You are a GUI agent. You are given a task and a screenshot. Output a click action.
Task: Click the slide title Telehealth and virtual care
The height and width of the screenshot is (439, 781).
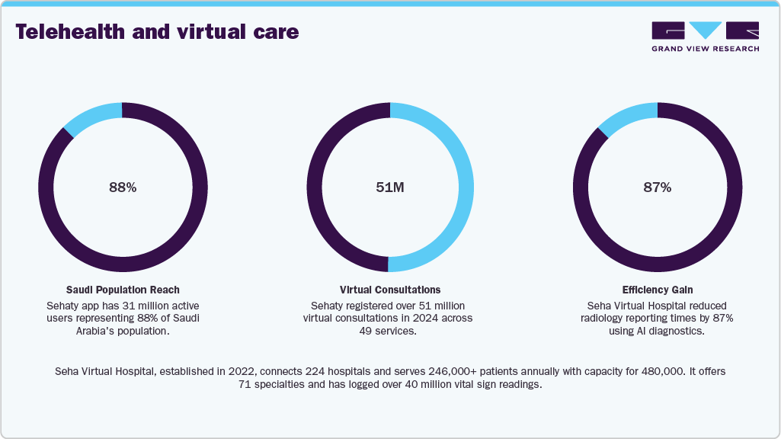tap(156, 32)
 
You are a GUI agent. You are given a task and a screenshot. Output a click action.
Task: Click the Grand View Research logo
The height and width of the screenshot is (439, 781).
tap(705, 36)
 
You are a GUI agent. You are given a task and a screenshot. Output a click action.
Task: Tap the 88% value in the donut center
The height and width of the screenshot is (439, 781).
tap(122, 187)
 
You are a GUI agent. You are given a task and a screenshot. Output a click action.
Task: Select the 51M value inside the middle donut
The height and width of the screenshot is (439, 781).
tap(390, 187)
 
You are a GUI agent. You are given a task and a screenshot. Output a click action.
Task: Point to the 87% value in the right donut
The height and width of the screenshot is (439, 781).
tap(657, 187)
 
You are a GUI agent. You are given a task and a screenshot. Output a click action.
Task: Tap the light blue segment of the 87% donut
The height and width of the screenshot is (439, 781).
tap(628, 116)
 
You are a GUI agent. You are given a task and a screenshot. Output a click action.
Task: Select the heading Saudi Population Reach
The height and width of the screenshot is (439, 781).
tap(122, 290)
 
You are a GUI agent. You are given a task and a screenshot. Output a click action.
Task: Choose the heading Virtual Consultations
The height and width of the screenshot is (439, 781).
tap(390, 290)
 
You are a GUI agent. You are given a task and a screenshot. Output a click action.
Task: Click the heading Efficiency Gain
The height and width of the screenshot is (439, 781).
tap(657, 290)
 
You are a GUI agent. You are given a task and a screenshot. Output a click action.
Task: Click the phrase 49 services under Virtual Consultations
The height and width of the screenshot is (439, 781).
tap(389, 331)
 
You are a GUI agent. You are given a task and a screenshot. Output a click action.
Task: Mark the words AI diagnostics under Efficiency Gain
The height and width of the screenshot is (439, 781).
tap(674, 331)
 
